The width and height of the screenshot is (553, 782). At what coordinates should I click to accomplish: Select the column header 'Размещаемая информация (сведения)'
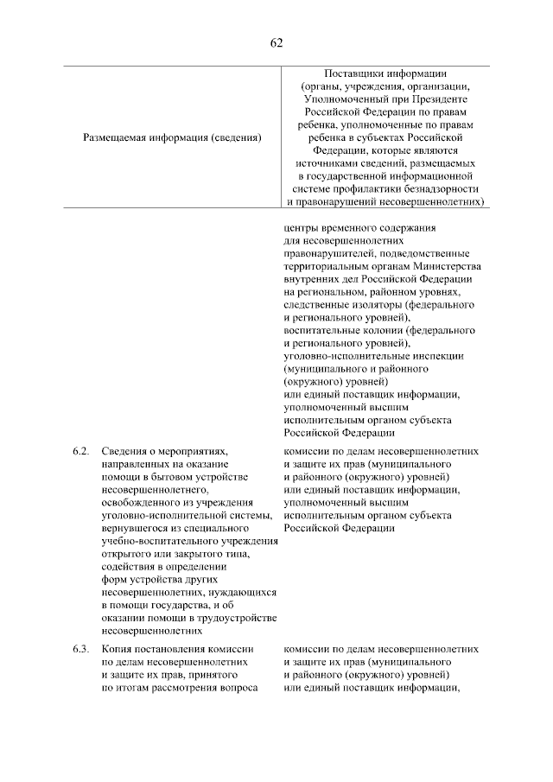172,137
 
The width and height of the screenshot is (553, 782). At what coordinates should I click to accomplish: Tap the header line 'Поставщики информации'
385,73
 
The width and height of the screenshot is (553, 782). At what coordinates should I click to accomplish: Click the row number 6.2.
81,451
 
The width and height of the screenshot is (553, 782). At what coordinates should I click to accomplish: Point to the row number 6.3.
81,648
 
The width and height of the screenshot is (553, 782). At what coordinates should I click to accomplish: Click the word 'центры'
300,228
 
